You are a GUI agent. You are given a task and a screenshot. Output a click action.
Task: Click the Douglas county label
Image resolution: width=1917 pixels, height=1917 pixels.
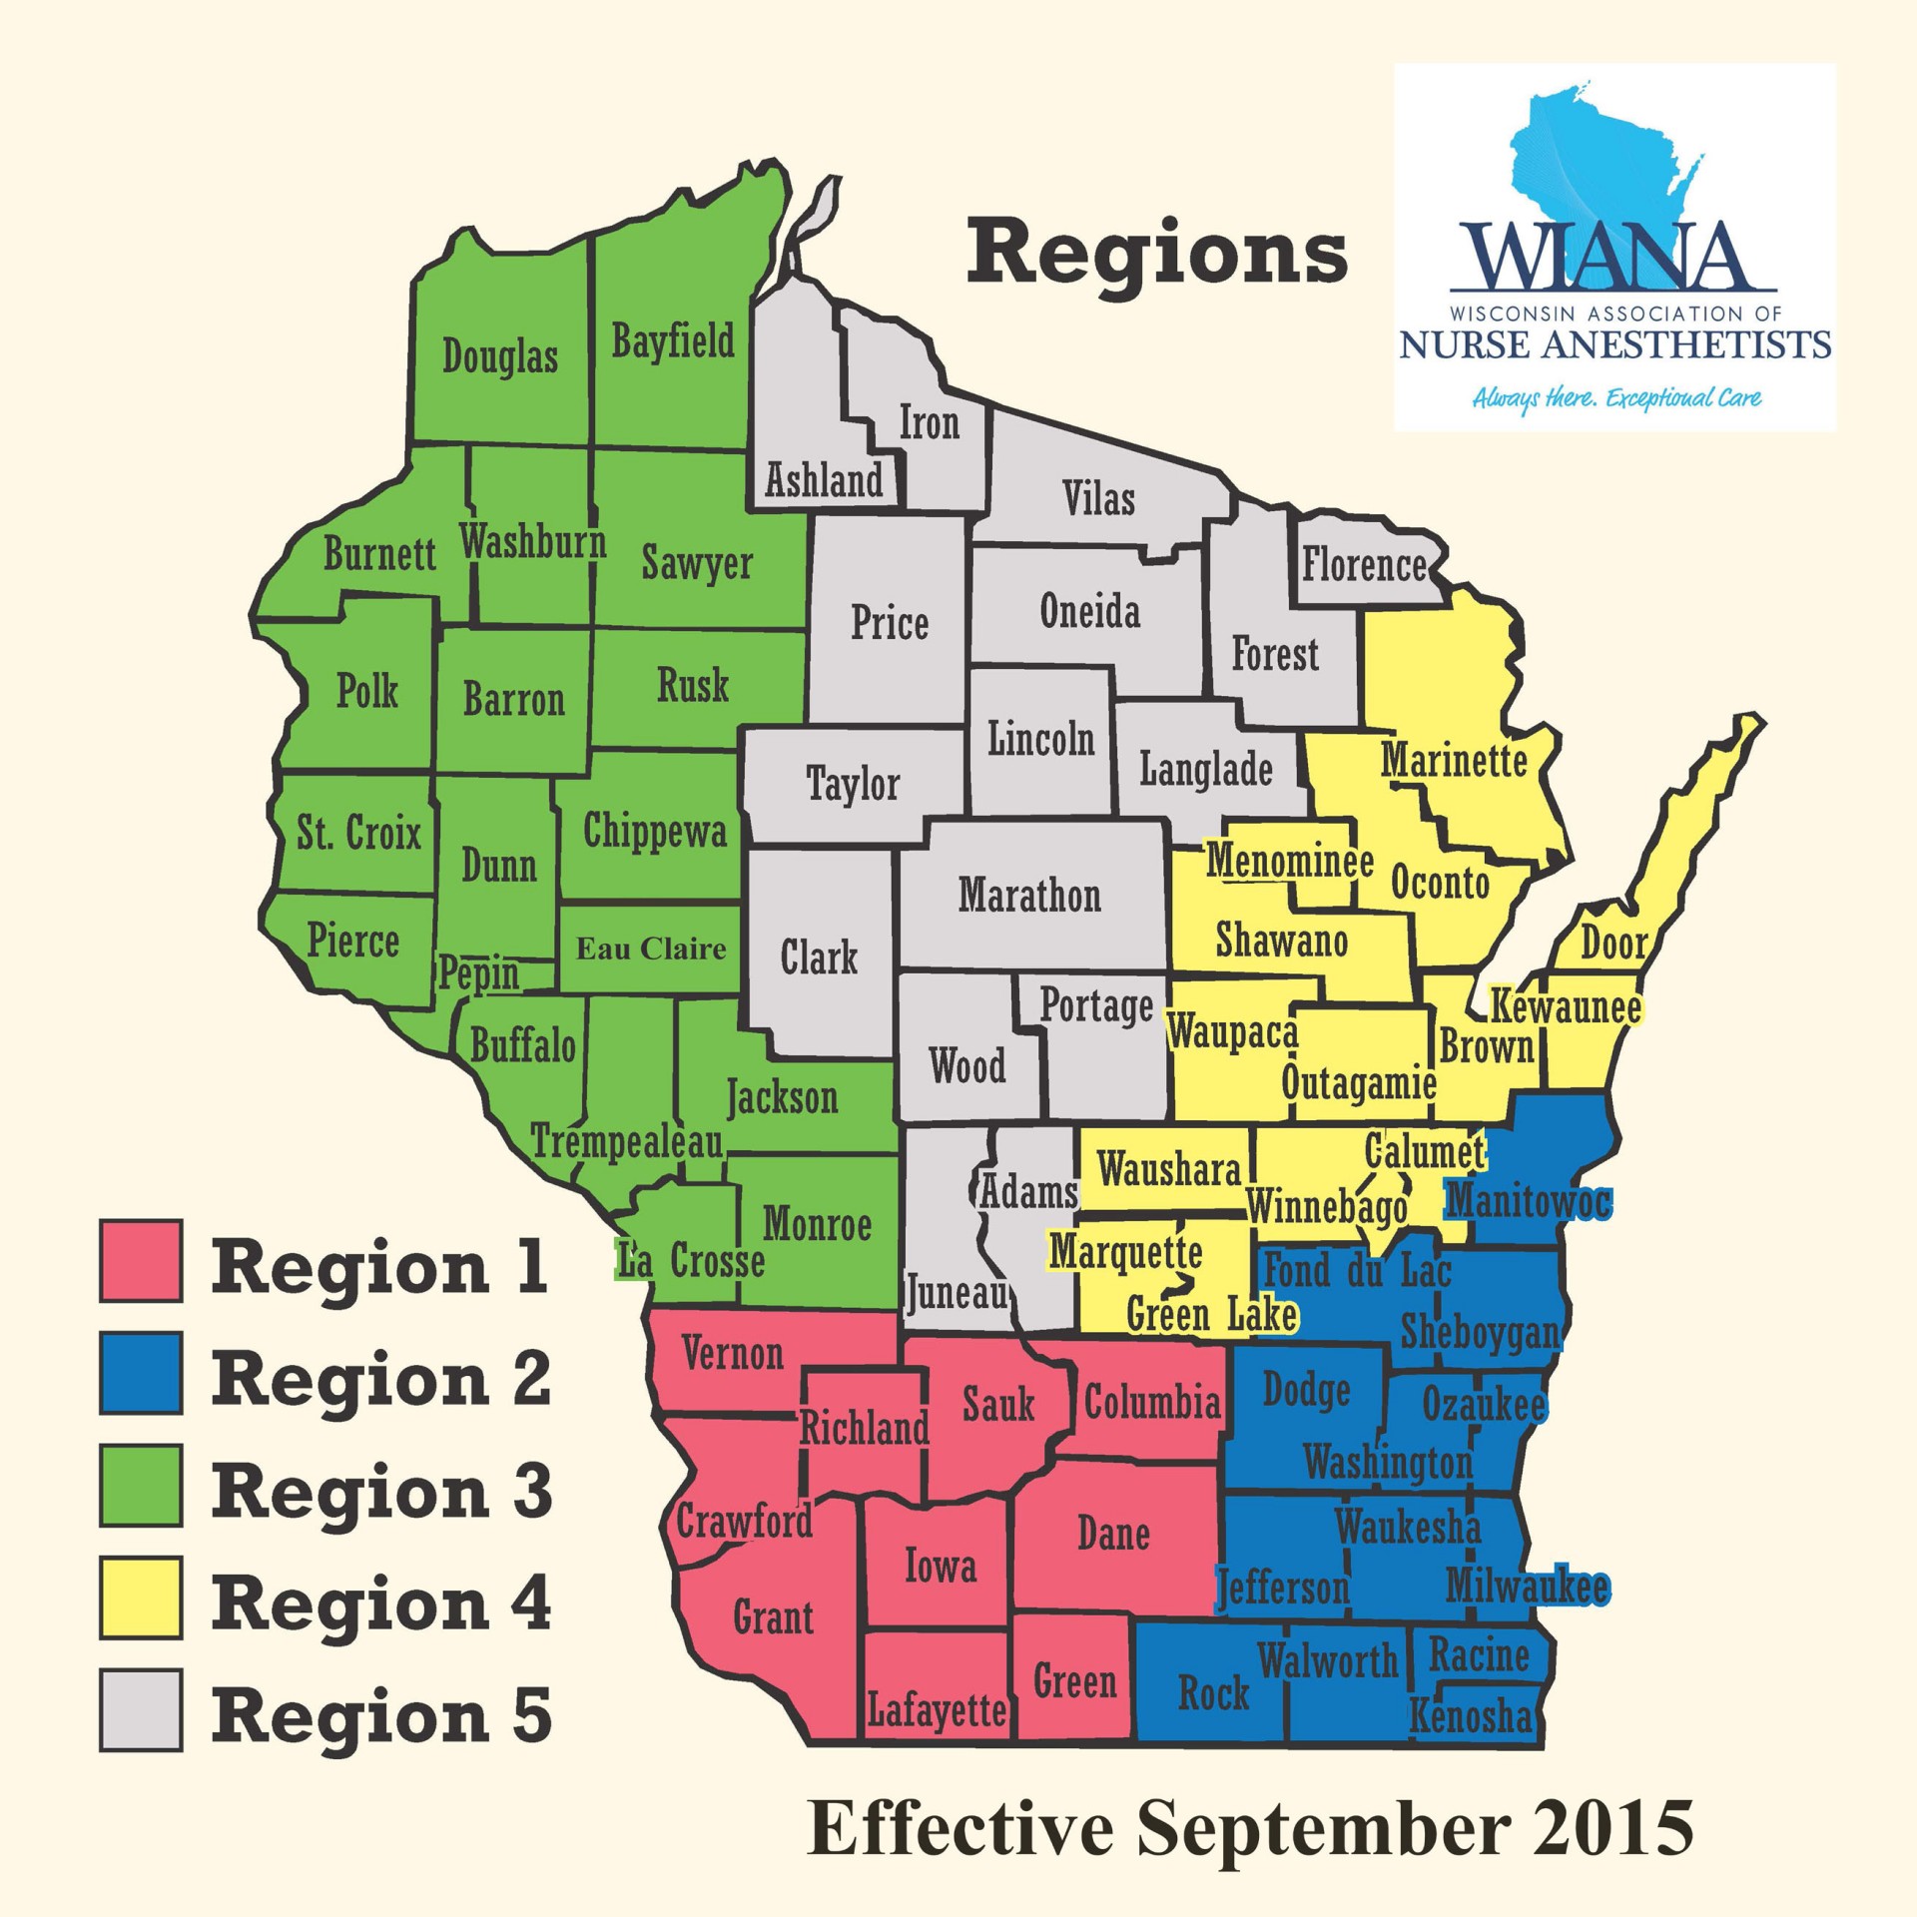(x=499, y=356)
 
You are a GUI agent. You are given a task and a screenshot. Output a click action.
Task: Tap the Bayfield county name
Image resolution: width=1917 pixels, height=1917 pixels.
(x=672, y=341)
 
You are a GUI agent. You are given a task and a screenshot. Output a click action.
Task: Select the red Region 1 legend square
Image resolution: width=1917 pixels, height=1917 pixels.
(x=141, y=1261)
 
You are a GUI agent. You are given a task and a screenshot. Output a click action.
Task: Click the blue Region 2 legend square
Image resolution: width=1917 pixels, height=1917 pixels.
(x=141, y=1373)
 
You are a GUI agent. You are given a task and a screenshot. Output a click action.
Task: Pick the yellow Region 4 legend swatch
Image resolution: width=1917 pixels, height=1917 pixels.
(x=141, y=1597)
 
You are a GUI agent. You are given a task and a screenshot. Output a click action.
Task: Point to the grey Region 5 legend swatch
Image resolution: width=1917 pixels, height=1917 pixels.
(x=141, y=1710)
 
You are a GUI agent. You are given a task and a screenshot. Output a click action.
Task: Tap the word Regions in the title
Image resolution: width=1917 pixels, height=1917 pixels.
(x=1156, y=254)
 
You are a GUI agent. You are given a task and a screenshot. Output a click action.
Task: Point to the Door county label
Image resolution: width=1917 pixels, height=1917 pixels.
(x=1613, y=943)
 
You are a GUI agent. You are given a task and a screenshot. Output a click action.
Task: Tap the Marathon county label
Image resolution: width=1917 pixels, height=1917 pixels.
(x=1029, y=896)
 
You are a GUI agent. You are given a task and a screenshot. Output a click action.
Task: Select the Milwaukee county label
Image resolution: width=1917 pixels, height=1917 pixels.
(x=1527, y=1587)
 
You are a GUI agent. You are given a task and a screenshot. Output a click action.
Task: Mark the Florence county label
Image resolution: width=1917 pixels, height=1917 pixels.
(x=1364, y=566)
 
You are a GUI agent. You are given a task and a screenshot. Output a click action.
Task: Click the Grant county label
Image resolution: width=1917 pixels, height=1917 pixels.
(x=773, y=1617)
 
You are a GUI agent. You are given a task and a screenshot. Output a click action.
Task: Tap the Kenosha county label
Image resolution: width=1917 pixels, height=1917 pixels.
(x=1470, y=1716)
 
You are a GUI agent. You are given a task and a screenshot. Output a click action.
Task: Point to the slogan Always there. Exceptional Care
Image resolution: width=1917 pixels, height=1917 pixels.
(x=1616, y=398)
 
